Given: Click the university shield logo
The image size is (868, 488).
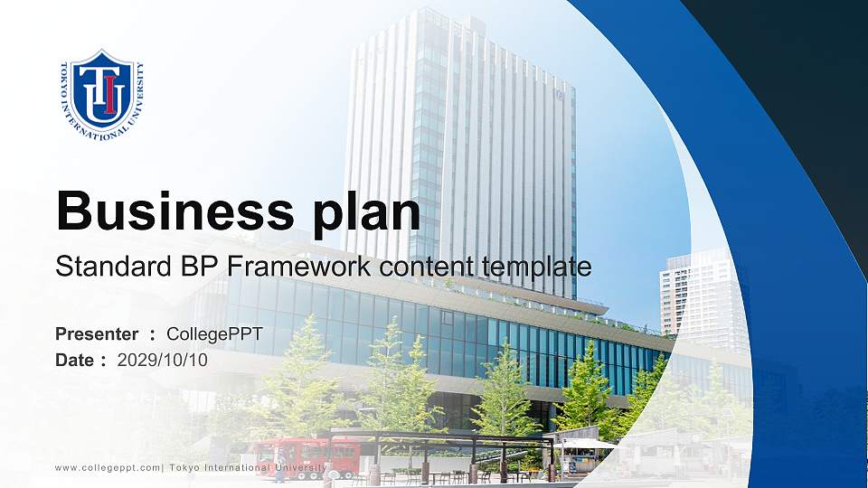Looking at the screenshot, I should (x=102, y=94).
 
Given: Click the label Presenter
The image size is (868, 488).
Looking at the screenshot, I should (x=97, y=334).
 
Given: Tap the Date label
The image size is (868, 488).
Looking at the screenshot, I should (x=75, y=360).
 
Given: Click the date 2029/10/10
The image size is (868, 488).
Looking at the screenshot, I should (x=163, y=360).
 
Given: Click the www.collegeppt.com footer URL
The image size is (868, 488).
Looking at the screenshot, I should (x=108, y=467).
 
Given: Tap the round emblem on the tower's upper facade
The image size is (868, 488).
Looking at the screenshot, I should (x=561, y=93).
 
